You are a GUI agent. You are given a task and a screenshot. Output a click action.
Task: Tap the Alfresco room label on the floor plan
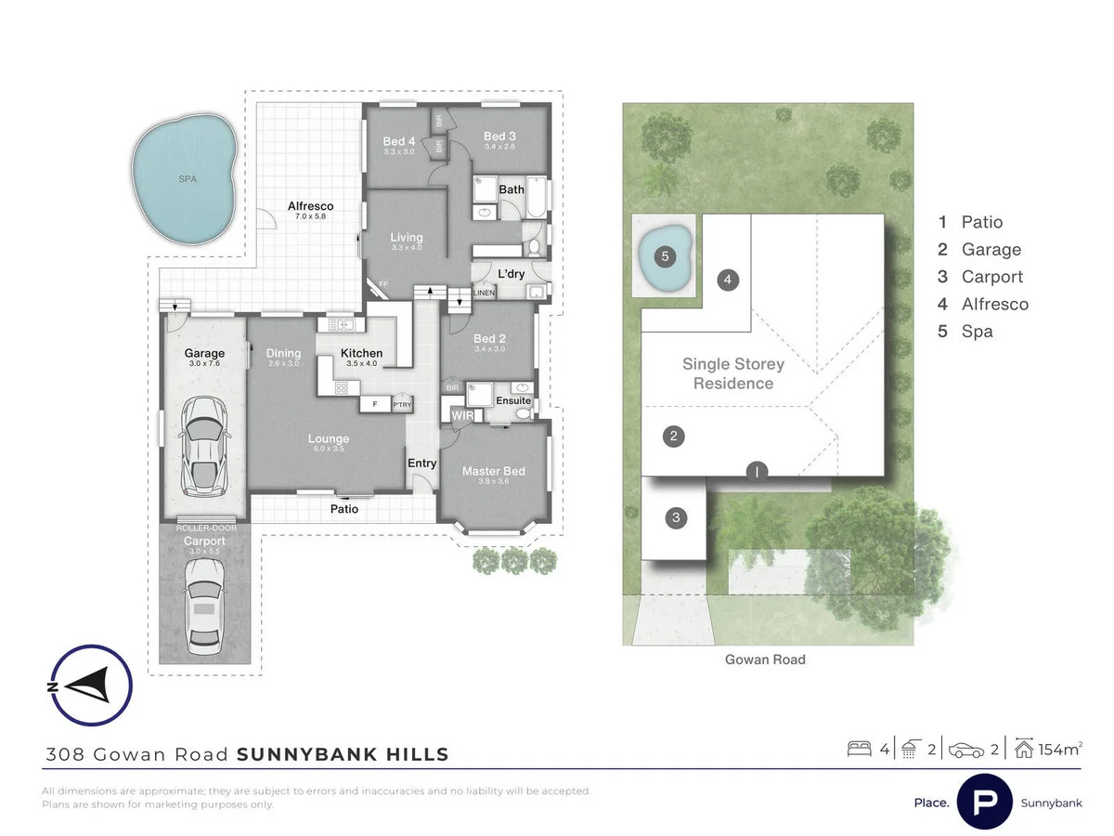(x=310, y=206)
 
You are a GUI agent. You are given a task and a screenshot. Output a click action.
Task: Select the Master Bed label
(x=493, y=471)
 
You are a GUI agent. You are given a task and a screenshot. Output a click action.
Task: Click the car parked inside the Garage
(x=203, y=445)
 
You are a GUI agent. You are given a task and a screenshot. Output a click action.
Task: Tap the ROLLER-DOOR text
(x=205, y=528)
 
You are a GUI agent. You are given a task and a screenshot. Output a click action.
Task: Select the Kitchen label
(x=361, y=353)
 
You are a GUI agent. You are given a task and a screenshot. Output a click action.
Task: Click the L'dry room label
(x=512, y=275)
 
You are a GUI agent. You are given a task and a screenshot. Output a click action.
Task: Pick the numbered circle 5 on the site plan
(x=664, y=255)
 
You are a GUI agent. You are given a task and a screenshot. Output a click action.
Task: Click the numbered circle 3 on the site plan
(x=677, y=518)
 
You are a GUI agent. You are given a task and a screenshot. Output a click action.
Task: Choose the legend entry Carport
(x=991, y=277)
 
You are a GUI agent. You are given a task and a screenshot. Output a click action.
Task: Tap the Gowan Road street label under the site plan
(x=764, y=660)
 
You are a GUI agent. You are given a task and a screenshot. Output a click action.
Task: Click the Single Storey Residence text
(x=732, y=373)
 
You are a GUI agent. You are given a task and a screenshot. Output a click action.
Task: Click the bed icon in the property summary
(x=859, y=749)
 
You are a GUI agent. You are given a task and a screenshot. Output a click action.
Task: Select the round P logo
(x=984, y=802)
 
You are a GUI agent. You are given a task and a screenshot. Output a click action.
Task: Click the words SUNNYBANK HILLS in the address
(x=343, y=754)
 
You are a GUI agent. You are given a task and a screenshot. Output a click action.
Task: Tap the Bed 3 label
(x=499, y=137)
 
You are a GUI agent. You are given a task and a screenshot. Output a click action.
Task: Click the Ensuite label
(x=512, y=400)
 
